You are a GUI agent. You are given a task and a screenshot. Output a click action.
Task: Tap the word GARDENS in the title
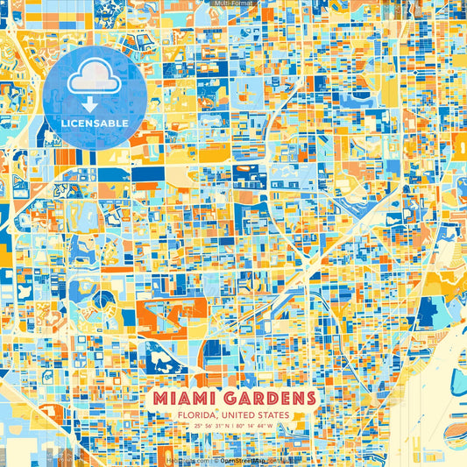271,399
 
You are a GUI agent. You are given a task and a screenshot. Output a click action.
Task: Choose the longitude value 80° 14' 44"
254,428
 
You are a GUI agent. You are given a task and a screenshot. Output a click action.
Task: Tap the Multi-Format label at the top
233,4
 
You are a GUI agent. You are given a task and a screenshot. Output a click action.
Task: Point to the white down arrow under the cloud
94,103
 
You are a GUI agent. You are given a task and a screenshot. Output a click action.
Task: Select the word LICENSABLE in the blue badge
94,124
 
